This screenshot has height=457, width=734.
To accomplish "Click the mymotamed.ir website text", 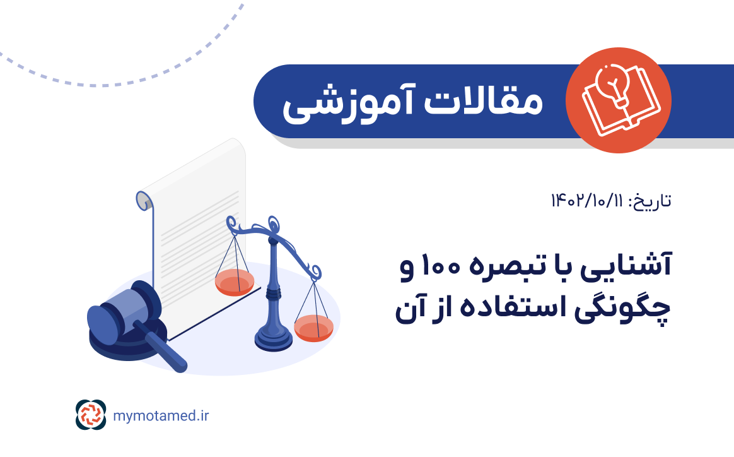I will [x=161, y=415].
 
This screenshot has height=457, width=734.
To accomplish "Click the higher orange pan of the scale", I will [x=235, y=283].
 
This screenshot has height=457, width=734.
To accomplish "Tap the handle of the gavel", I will [x=168, y=354].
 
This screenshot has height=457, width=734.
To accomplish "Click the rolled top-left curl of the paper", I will [x=144, y=201].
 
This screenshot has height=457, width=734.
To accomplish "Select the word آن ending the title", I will [x=410, y=310].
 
